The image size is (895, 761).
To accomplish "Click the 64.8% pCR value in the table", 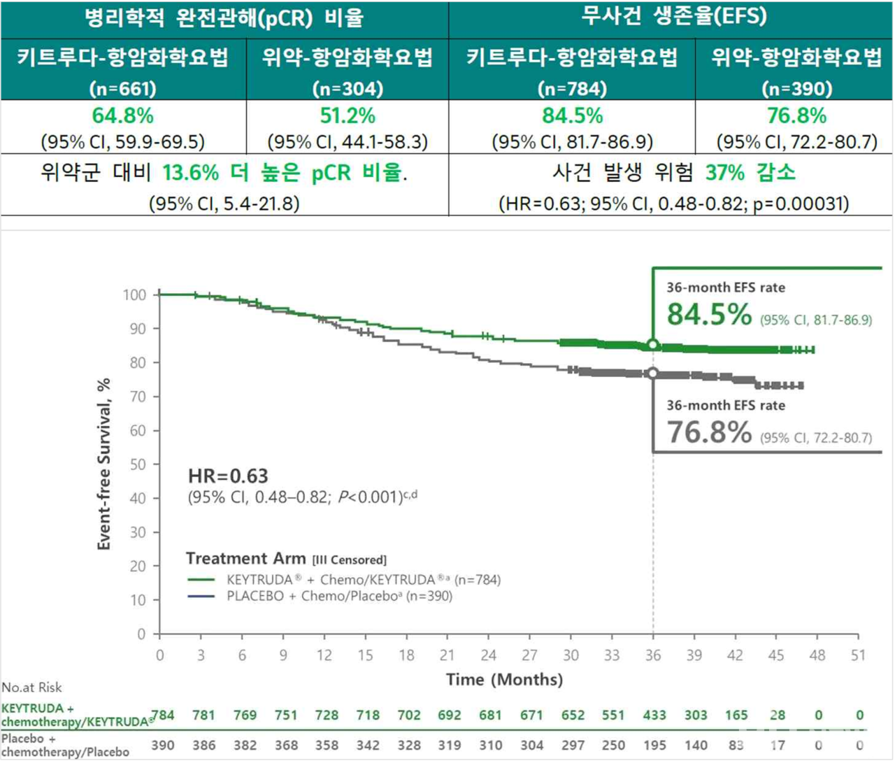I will click(123, 115).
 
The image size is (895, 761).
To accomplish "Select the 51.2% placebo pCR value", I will click(348, 115).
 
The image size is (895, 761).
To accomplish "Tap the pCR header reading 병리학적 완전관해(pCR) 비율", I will click(224, 17).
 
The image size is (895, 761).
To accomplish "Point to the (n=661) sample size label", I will click(123, 89).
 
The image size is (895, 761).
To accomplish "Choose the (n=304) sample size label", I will click(348, 89).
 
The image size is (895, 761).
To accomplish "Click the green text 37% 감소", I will click(750, 172).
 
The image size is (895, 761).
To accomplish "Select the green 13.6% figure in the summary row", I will click(190, 173).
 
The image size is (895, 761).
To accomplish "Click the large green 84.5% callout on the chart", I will click(709, 314).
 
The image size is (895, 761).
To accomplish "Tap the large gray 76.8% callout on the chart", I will click(709, 432).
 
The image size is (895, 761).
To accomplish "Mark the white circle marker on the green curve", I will click(653, 345).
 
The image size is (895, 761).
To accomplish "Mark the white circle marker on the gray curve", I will click(653, 374).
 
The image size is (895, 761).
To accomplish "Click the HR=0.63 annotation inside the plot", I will click(228, 476).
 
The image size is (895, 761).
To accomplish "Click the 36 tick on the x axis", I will click(653, 655).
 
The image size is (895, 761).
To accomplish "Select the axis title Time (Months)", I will click(504, 679).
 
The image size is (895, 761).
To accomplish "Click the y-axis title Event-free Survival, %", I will click(104, 464).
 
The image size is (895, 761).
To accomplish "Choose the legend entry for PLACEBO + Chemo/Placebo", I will click(339, 597).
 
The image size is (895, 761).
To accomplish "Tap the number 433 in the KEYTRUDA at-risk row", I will click(654, 715).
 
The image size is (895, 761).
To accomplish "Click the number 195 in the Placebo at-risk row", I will click(654, 745).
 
